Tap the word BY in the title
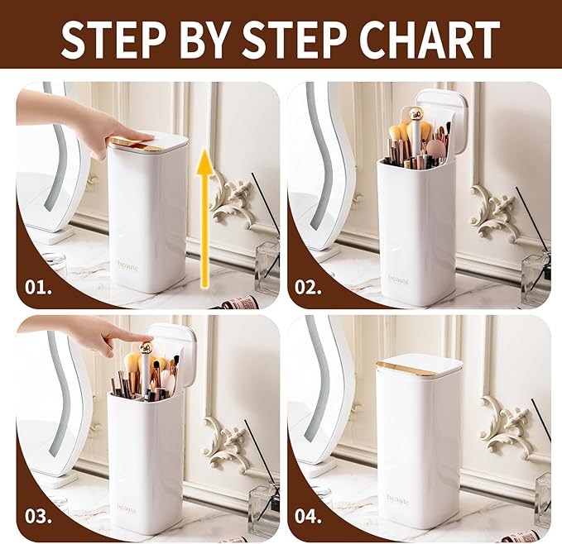[199, 38]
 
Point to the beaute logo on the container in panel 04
[398, 499]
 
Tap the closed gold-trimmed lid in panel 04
[419, 365]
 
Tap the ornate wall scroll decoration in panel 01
[231, 199]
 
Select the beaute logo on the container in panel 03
[128, 507]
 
